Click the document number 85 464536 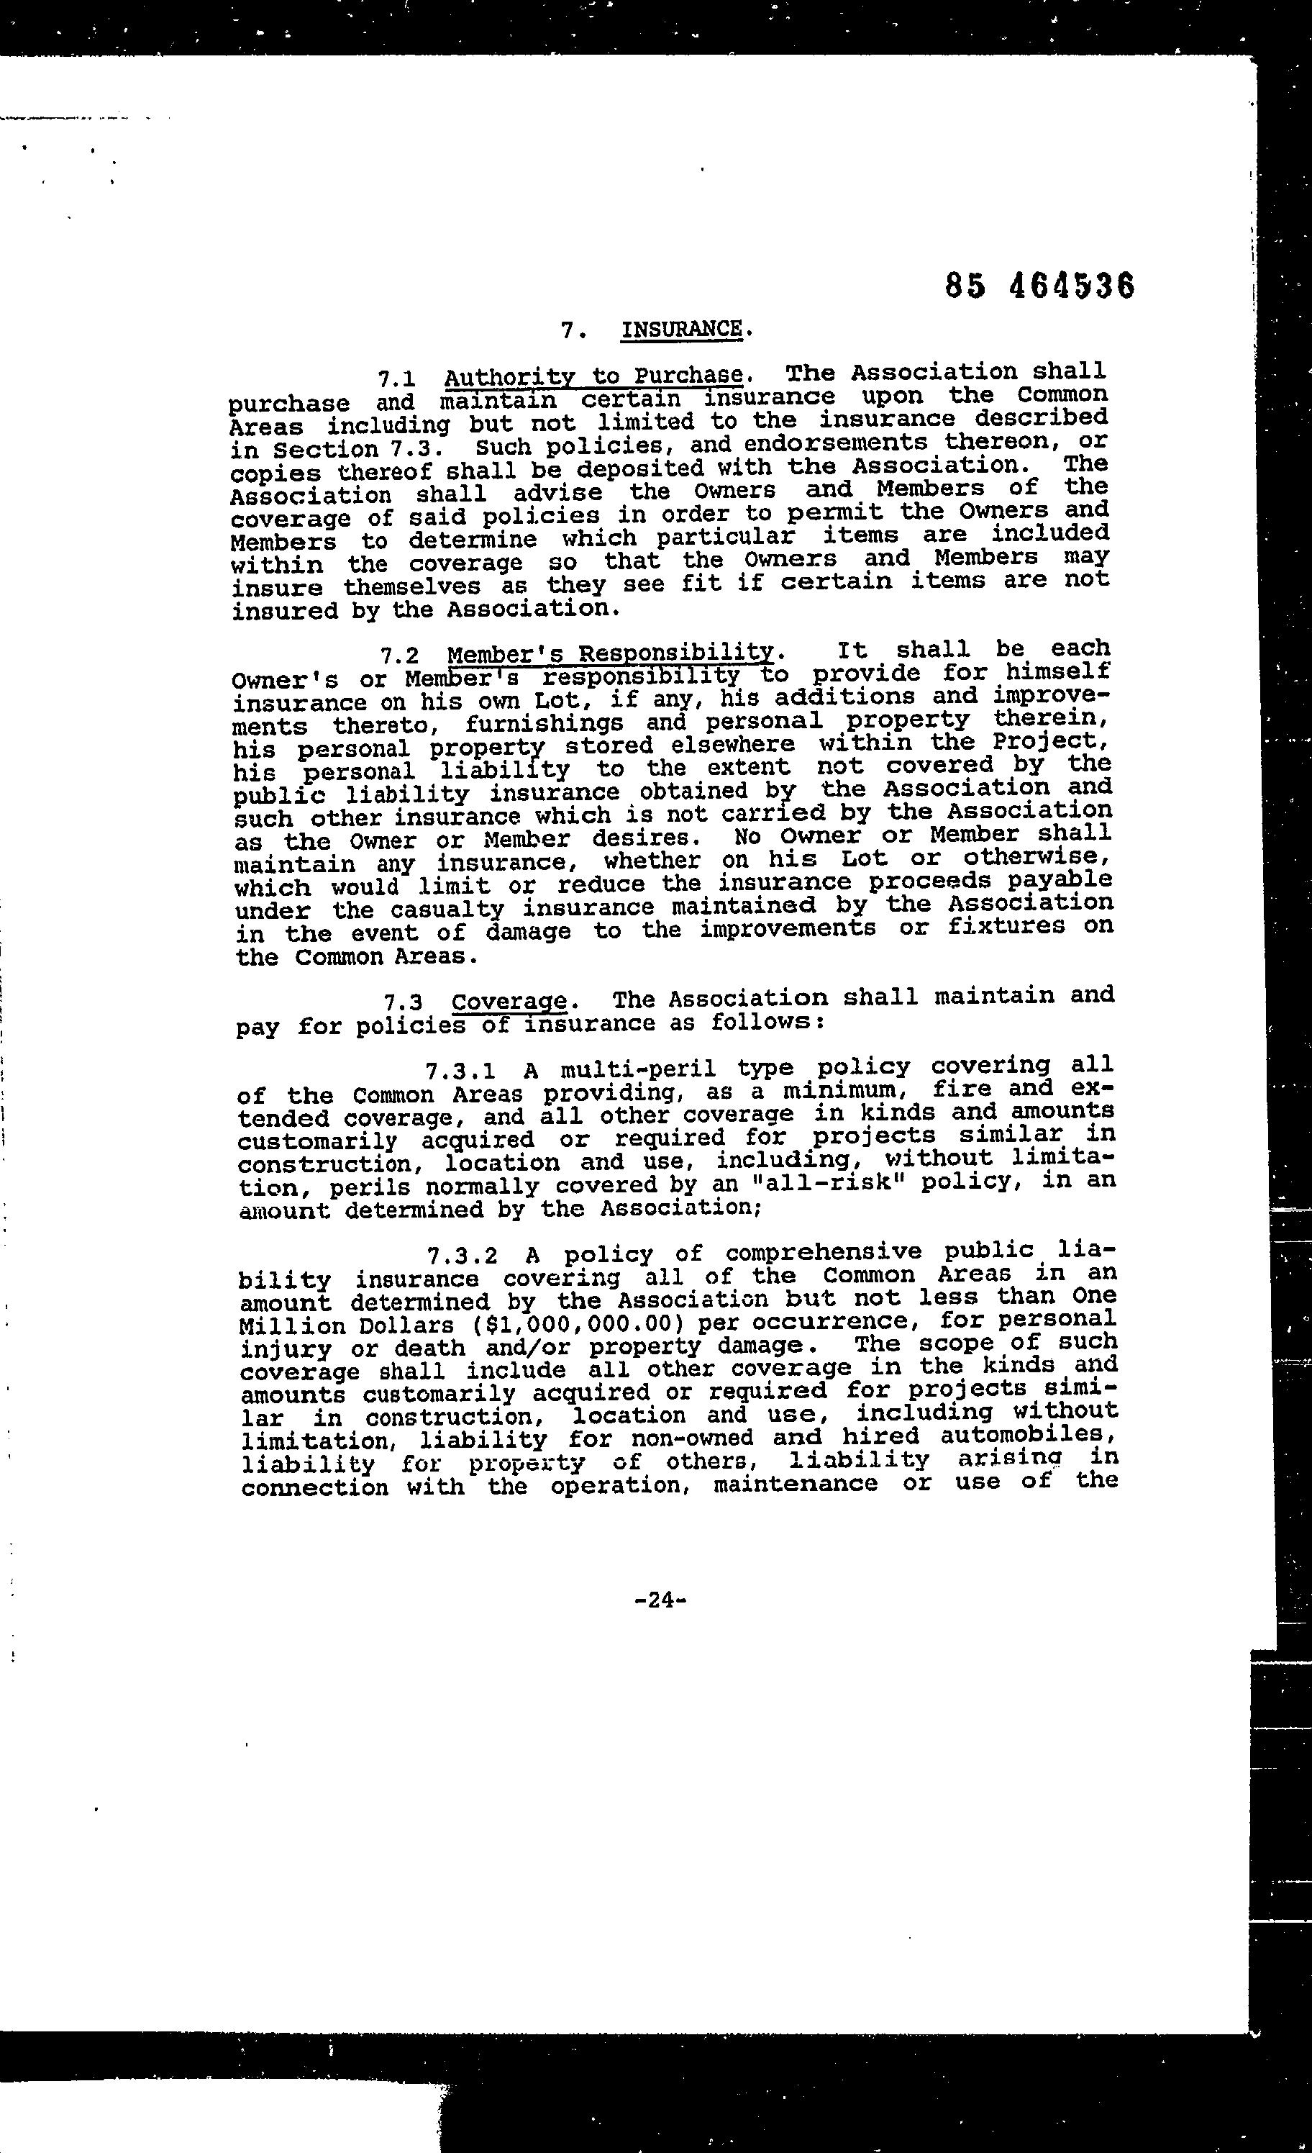point(1039,286)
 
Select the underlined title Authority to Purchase point(593,376)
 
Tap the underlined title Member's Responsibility point(610,653)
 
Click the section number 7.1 point(396,379)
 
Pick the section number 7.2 point(399,656)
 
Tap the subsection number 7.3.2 point(463,1256)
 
